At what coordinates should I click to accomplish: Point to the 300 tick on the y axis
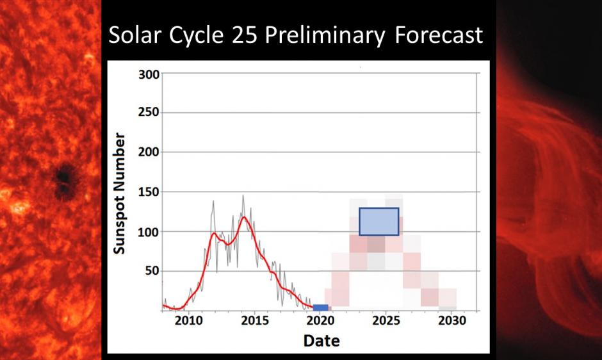[x=149, y=74]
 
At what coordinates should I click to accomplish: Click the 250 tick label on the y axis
[x=149, y=113]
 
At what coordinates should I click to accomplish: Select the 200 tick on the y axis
[x=149, y=152]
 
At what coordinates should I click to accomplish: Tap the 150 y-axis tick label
[x=149, y=192]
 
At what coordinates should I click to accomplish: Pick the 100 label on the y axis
[x=149, y=231]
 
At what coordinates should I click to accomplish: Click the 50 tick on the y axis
[x=151, y=271]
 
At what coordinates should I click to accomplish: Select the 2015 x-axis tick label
[x=255, y=322]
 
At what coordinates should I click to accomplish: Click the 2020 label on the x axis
[x=321, y=322]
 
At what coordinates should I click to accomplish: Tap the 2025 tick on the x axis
[x=387, y=322]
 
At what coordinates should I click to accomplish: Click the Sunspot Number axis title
[x=120, y=193]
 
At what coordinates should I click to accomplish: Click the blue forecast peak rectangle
[x=378, y=222]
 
